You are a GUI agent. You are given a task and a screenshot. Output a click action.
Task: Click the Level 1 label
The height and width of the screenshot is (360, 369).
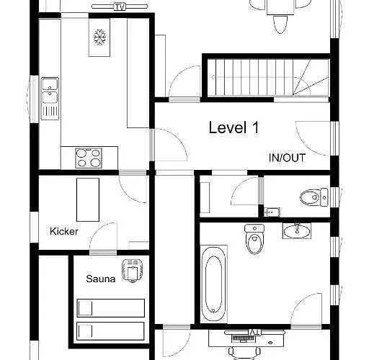(x=234, y=127)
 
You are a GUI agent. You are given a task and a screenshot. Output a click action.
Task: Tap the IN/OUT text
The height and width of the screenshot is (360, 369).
(x=287, y=158)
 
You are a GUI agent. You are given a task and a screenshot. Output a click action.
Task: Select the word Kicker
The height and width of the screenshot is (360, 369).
(x=64, y=231)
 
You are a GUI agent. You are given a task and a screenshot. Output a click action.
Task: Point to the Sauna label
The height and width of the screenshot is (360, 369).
(x=101, y=279)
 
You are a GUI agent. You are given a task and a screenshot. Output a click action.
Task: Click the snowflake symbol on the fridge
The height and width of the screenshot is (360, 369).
(x=99, y=37)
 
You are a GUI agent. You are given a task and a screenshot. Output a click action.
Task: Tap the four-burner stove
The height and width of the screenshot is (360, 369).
(x=89, y=158)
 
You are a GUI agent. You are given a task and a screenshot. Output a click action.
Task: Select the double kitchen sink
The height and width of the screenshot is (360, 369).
(x=50, y=99)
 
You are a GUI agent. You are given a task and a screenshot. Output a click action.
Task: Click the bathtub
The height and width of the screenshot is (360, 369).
(x=213, y=284)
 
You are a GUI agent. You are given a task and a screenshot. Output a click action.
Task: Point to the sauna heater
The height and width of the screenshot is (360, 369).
(x=133, y=271)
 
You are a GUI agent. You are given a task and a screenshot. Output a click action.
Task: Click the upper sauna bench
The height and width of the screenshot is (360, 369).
(x=111, y=308)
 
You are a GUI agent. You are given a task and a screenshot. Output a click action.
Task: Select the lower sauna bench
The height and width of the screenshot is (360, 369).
(x=110, y=331)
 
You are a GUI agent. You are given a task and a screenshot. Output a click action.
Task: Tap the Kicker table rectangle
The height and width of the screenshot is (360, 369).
(x=88, y=199)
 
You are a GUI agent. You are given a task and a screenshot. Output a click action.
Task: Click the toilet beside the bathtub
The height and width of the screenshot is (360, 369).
(x=254, y=239)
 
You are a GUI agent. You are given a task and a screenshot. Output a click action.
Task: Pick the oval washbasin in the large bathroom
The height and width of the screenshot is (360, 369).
(x=297, y=231)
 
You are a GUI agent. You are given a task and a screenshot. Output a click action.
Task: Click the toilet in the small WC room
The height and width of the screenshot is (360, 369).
(x=314, y=197)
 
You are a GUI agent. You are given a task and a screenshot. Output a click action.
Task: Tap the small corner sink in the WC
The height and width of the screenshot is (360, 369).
(x=272, y=212)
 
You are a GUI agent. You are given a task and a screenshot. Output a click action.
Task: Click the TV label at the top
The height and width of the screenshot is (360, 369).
(x=120, y=7)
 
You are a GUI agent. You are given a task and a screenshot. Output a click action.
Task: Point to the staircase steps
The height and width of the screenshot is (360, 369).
(x=268, y=77)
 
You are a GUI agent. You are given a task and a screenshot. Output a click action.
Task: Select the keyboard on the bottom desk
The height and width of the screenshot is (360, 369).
(x=243, y=338)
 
